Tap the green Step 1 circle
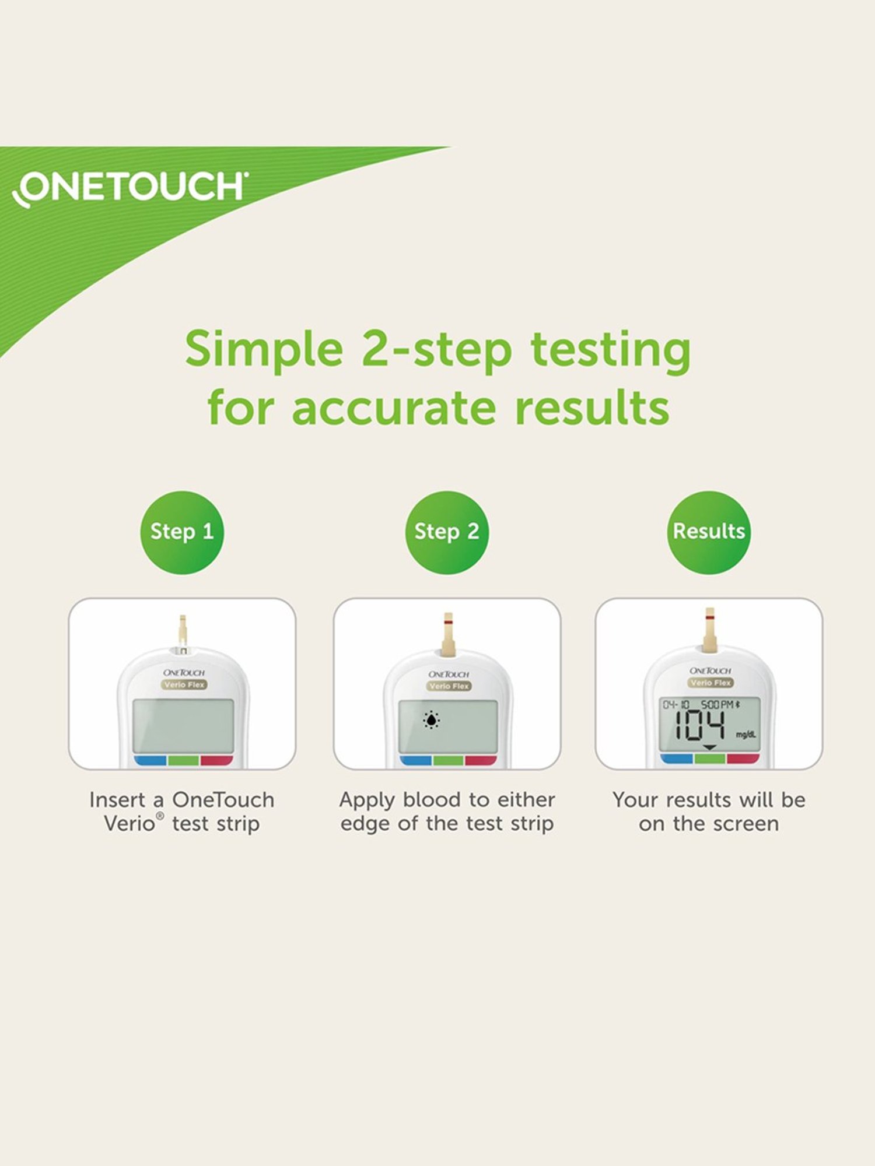[x=182, y=532]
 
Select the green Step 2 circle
[x=447, y=532]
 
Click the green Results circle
[x=709, y=532]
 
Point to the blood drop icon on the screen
[x=431, y=721]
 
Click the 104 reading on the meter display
[x=699, y=726]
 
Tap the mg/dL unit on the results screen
[x=745, y=735]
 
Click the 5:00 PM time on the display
[x=717, y=704]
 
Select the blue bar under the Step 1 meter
[x=150, y=760]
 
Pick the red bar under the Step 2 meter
[x=481, y=761]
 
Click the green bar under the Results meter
[x=709, y=758]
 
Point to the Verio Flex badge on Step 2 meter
[x=448, y=686]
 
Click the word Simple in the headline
[x=264, y=350]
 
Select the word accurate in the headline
[x=394, y=408]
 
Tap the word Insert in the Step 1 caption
[x=117, y=800]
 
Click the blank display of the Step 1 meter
[x=183, y=726]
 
